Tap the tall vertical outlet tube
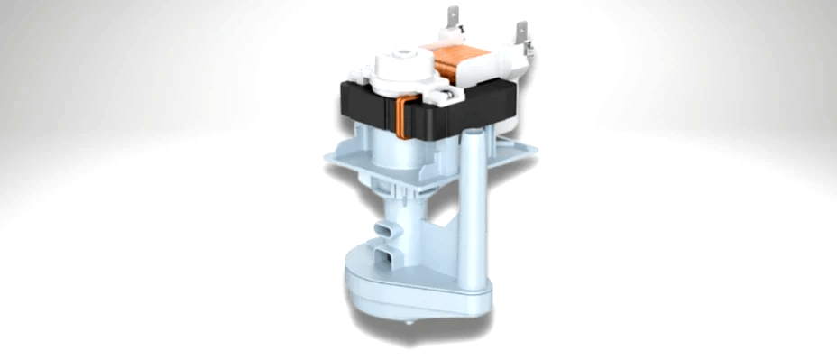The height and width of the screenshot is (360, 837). tap(472, 208)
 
